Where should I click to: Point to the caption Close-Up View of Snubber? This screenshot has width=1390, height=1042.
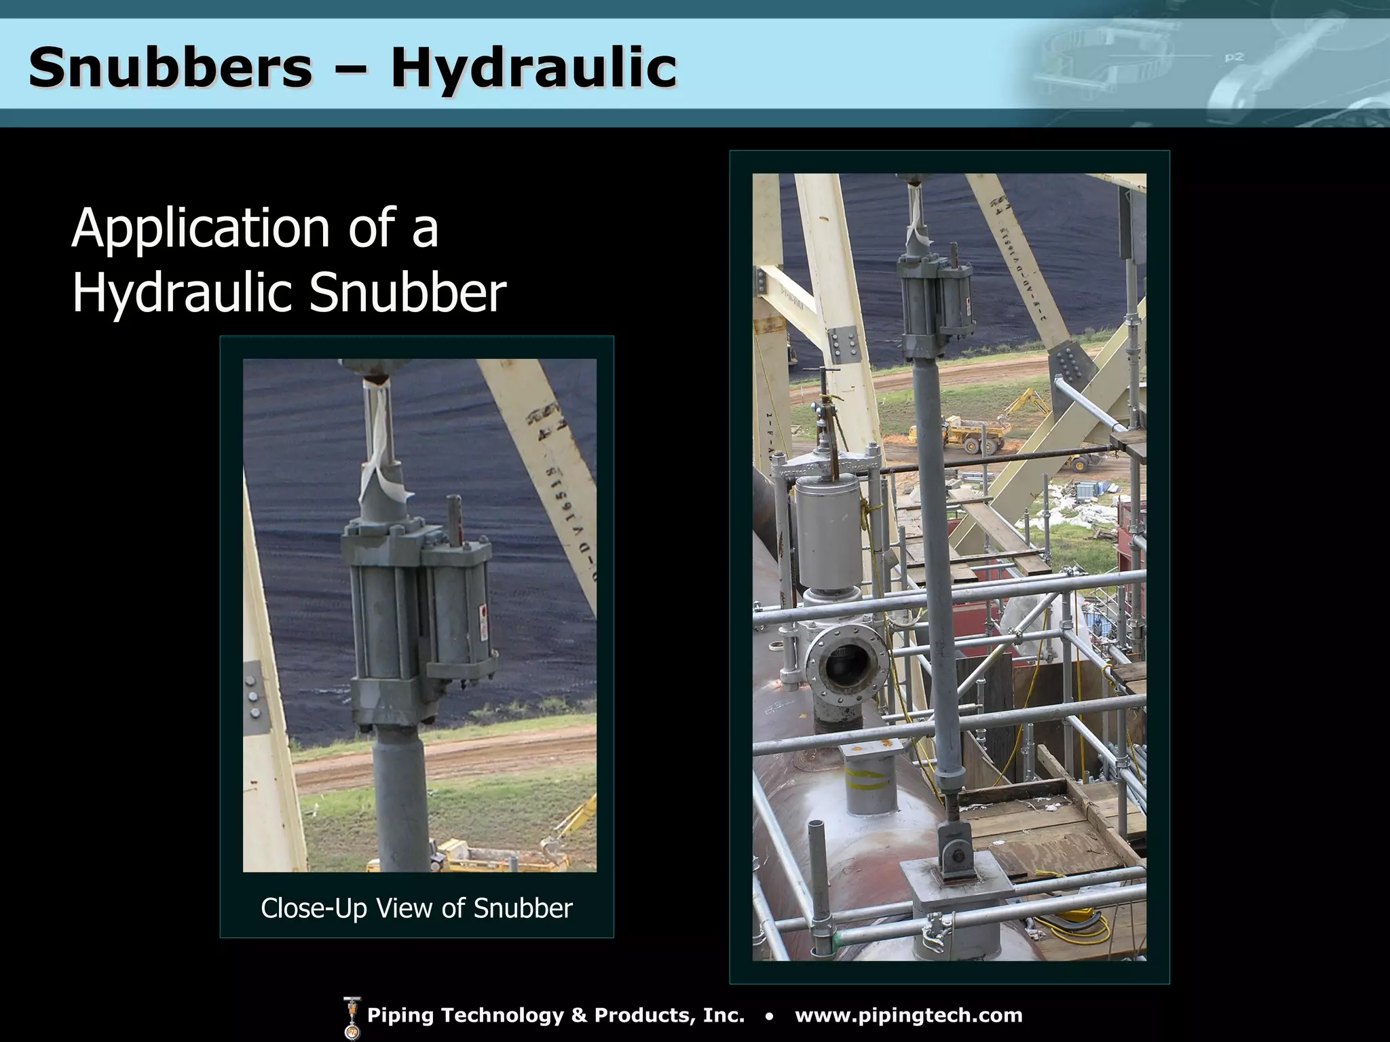point(417,908)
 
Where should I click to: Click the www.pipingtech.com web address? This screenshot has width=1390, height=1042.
point(908,1015)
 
